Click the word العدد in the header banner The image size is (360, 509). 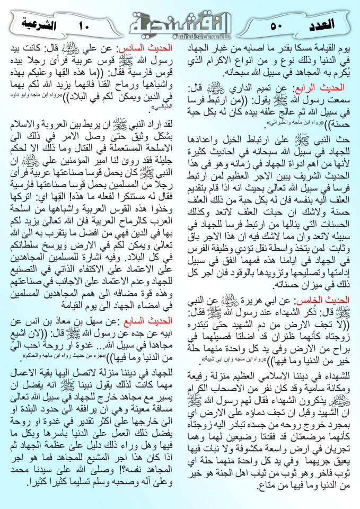320,24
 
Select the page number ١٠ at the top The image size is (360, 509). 85,24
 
